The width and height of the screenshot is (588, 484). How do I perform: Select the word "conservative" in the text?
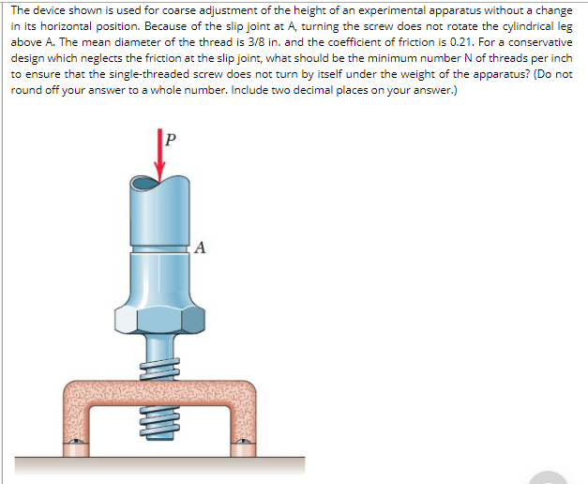coord(538,41)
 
